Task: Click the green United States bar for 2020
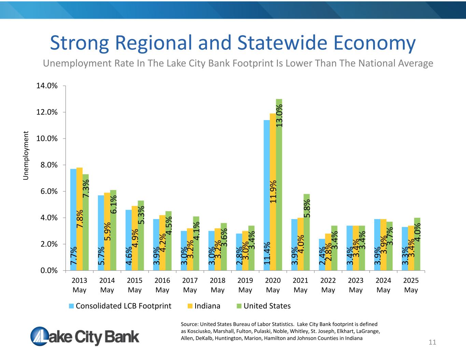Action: click(x=279, y=184)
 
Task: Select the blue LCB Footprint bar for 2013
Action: click(x=73, y=218)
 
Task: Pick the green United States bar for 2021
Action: click(x=307, y=232)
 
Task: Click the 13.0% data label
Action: click(x=279, y=116)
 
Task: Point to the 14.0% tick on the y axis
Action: click(x=47, y=86)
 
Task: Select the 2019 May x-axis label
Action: click(x=245, y=285)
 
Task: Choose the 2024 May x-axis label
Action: click(x=383, y=285)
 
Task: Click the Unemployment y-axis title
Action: click(x=26, y=155)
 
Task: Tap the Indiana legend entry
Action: click(x=207, y=306)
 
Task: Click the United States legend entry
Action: click(x=267, y=306)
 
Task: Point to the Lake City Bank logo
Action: click(x=85, y=336)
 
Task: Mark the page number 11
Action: click(x=433, y=342)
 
